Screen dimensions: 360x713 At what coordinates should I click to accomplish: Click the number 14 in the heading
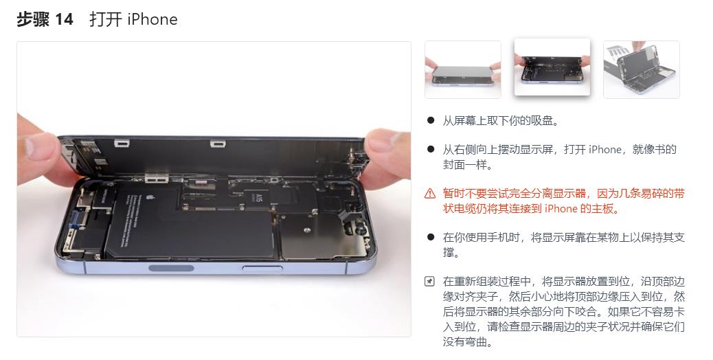(64, 19)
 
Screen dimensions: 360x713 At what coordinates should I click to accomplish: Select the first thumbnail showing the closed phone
(462, 69)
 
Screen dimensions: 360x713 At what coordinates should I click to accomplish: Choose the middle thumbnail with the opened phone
(552, 67)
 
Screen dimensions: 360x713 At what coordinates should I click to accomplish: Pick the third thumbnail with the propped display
(641, 69)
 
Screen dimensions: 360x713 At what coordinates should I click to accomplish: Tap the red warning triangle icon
(430, 193)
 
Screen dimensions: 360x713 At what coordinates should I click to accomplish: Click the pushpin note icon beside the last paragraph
(430, 281)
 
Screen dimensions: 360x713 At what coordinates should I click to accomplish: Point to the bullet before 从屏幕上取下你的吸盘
(431, 120)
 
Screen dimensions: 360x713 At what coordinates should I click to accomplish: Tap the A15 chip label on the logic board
(260, 199)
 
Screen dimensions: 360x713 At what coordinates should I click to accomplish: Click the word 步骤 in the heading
(33, 19)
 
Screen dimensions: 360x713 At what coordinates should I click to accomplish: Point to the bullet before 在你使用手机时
(431, 237)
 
